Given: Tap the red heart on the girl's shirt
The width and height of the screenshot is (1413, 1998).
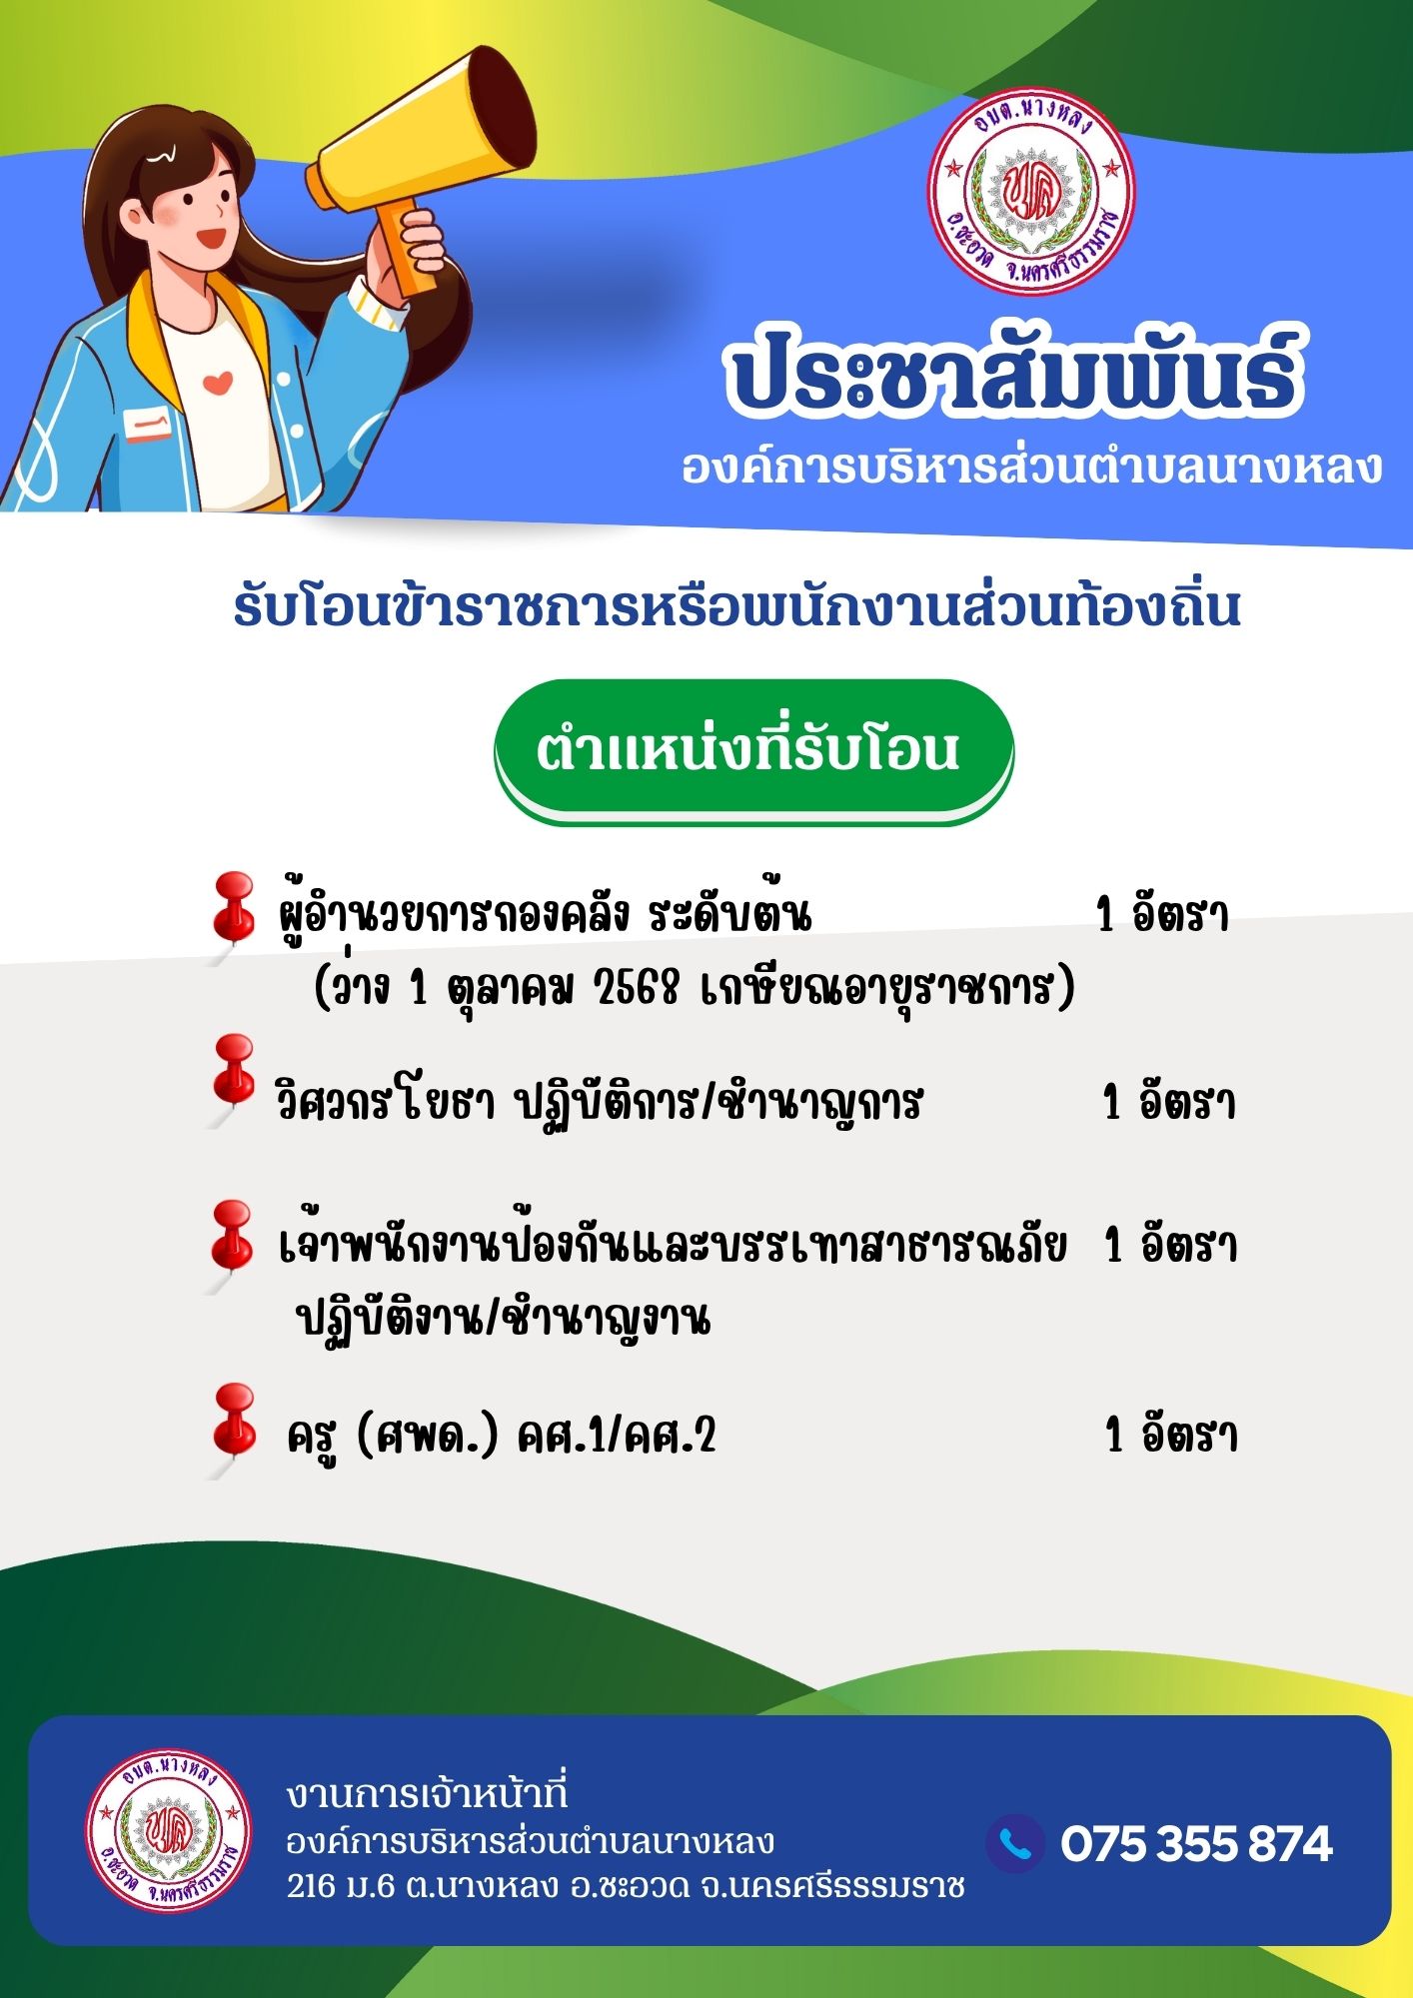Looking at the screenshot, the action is click(218, 382).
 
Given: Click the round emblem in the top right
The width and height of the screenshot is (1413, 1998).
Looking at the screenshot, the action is click(1031, 190).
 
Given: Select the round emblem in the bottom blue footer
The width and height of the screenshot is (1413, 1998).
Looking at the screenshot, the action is click(167, 1829).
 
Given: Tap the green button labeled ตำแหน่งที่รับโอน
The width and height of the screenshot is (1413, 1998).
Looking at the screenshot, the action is click(754, 751).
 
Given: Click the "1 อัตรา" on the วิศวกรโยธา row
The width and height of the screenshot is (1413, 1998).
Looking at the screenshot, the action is click(1169, 1103).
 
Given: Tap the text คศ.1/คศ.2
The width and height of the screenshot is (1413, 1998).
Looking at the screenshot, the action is click(617, 1436).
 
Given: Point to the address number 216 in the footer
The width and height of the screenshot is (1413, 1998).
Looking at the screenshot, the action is click(311, 1886).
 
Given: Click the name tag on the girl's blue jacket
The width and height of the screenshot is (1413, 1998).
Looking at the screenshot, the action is click(148, 425).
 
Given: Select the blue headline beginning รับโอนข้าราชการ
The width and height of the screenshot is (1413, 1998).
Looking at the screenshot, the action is click(736, 607).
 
